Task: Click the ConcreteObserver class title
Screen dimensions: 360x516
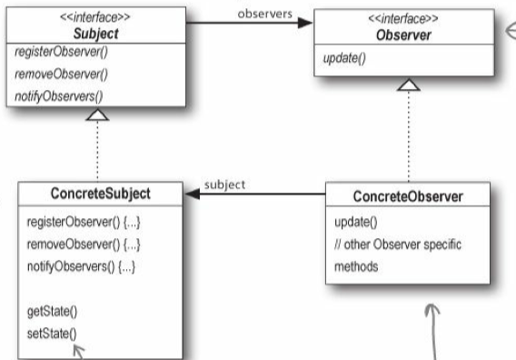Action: click(x=408, y=196)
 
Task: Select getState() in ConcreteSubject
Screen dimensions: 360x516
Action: click(x=46, y=312)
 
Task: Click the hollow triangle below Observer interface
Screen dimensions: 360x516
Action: click(x=408, y=85)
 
